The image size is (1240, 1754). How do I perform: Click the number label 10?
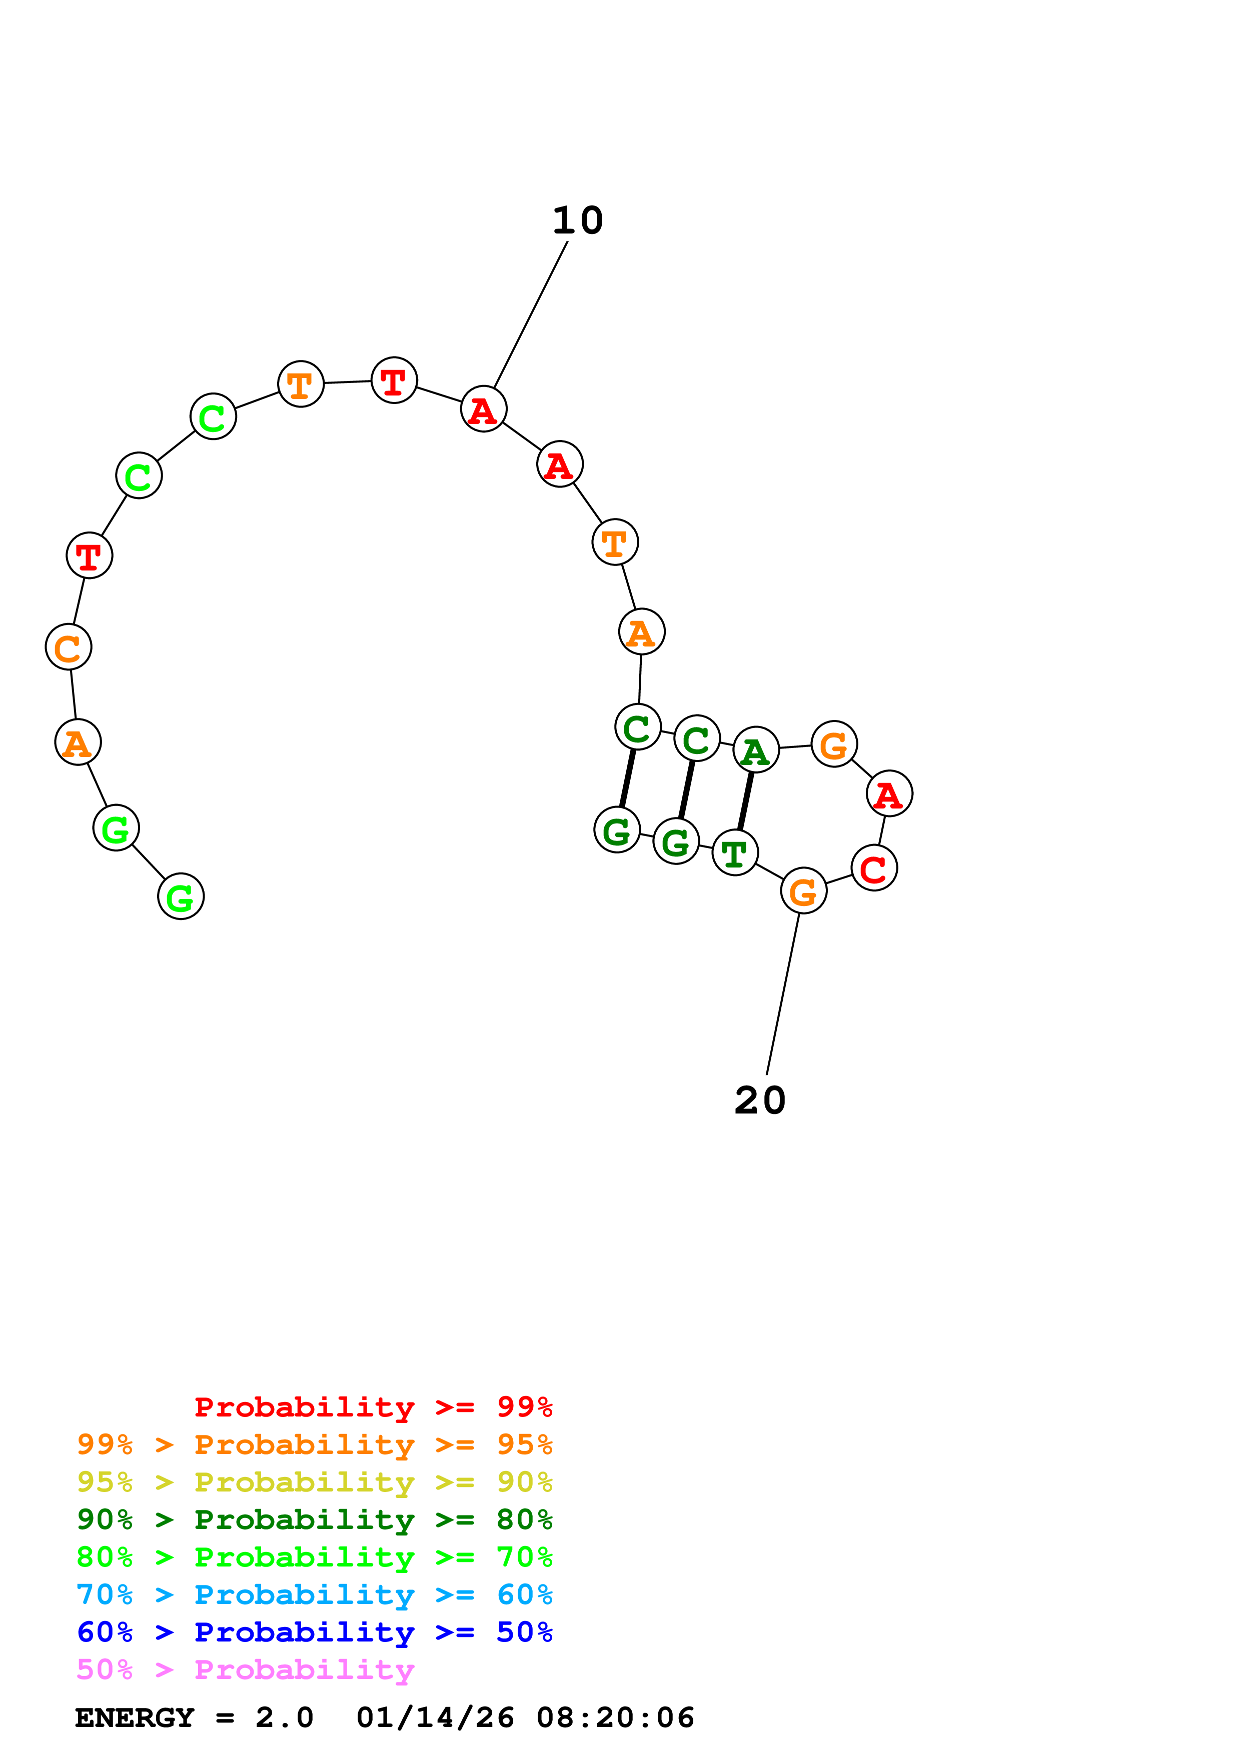point(578,221)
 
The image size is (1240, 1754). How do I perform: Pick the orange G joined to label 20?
point(803,891)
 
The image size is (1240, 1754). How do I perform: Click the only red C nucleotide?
point(873,868)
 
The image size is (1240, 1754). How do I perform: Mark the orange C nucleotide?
point(68,648)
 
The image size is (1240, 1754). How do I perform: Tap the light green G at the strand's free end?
point(180,897)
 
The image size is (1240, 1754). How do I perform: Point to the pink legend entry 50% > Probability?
point(245,1670)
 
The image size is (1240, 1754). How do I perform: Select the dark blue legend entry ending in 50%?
point(314,1632)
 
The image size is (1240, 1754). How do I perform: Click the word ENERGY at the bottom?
point(135,1718)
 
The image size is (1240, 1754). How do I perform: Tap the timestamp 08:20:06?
point(615,1718)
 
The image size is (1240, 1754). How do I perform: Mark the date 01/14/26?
point(435,1718)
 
